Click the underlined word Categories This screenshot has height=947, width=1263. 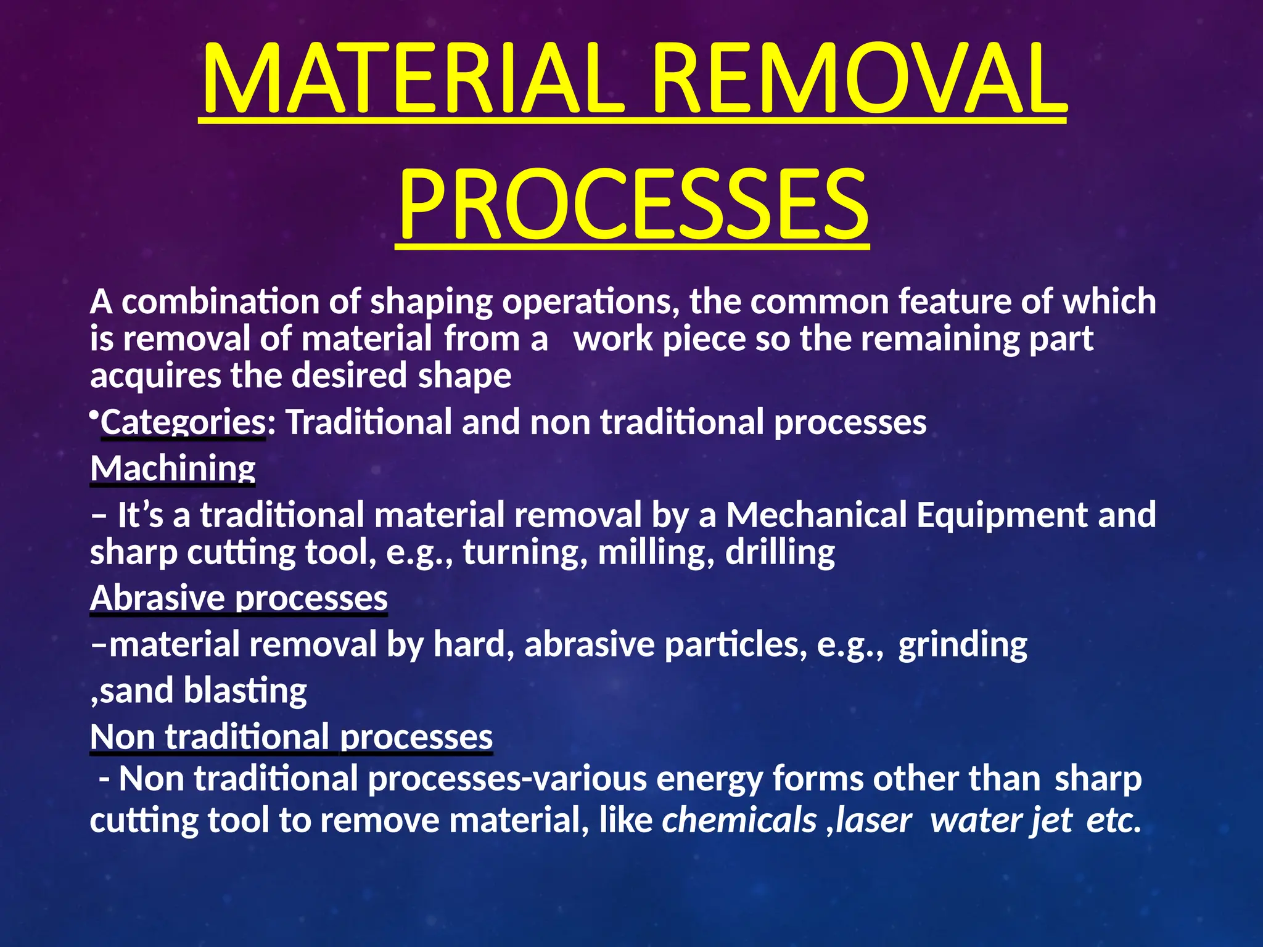click(183, 422)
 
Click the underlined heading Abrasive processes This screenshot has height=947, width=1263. click(239, 598)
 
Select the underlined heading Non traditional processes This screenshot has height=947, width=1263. click(291, 737)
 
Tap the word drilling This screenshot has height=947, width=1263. click(780, 552)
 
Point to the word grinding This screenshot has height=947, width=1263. click(962, 645)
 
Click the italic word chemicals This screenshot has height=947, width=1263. click(739, 821)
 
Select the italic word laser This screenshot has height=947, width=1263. click(873, 821)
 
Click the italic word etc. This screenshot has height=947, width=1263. click(1113, 821)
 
